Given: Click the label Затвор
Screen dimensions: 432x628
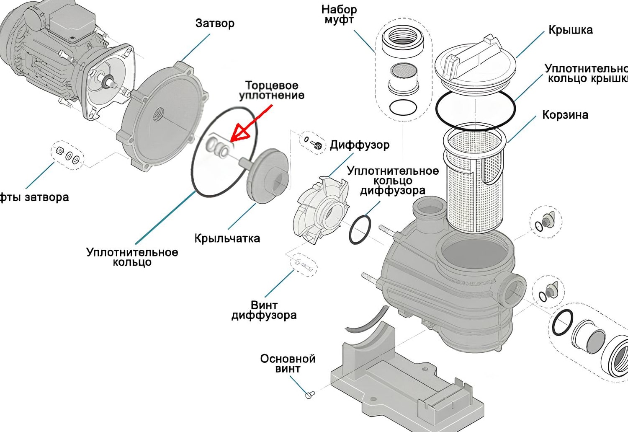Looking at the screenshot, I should pyautogui.click(x=215, y=23).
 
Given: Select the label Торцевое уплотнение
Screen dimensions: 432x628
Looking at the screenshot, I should pyautogui.click(x=272, y=91).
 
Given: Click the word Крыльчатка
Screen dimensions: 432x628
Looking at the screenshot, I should pyautogui.click(x=227, y=238).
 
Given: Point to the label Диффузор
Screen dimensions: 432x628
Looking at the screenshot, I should pyautogui.click(x=359, y=145).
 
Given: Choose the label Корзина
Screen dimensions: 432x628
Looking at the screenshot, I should pyautogui.click(x=565, y=115).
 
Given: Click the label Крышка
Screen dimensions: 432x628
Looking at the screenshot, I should pyautogui.click(x=570, y=30).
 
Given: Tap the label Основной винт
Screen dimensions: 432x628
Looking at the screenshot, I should pyautogui.click(x=288, y=364).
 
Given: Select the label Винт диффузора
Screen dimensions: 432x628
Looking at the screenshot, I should pyautogui.click(x=264, y=310).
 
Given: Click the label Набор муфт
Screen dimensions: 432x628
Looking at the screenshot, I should pyautogui.click(x=339, y=15).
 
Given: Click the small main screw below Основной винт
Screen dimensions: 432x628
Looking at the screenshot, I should pyautogui.click(x=310, y=394).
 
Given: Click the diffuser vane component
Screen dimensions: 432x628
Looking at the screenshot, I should pyautogui.click(x=320, y=210).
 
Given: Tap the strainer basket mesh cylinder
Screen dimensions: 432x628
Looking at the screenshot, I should pyautogui.click(x=473, y=184).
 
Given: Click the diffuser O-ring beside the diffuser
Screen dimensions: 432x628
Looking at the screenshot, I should pyautogui.click(x=360, y=229).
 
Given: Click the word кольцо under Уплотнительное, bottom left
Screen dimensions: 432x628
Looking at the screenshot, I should pyautogui.click(x=132, y=263).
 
